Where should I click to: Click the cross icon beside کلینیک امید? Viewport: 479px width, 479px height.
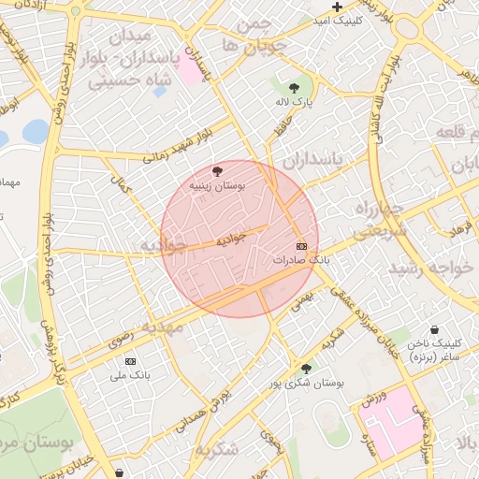pos(337,8)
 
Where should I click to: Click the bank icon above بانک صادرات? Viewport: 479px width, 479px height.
pos(300,245)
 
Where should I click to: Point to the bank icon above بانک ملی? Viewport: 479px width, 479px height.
pos(130,361)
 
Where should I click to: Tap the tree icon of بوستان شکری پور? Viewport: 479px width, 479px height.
pos(307,369)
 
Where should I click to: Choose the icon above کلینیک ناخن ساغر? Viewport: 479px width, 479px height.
pos(435,329)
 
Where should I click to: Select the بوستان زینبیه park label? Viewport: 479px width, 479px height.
pos(217,186)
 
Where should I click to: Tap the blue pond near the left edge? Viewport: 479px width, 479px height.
pos(36,132)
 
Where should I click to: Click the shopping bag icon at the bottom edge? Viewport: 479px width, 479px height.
pos(119,473)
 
